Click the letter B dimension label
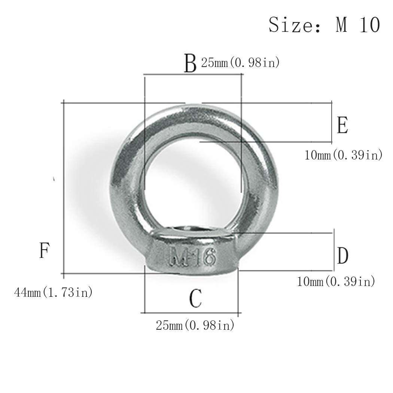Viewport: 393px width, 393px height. (190, 63)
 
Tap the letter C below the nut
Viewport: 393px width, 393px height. (195, 298)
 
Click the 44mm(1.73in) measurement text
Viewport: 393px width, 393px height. (54, 292)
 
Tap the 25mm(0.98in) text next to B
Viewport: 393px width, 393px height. (240, 63)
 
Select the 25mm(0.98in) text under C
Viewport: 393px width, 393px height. (195, 325)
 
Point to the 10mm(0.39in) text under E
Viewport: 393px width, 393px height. (343, 155)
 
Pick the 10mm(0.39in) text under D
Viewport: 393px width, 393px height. (336, 281)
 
